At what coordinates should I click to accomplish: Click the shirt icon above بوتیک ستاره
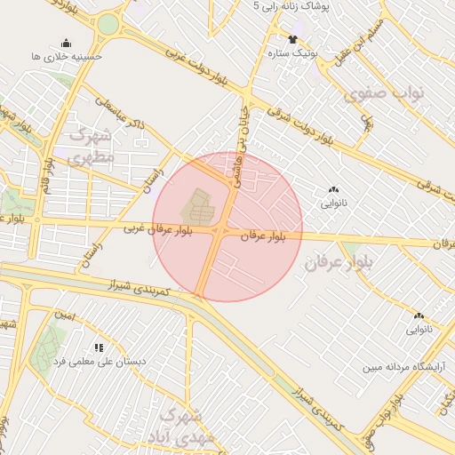pyautogui.click(x=293, y=38)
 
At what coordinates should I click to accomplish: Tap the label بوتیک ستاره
pyautogui.click(x=293, y=53)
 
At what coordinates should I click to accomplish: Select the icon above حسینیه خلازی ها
pyautogui.click(x=66, y=43)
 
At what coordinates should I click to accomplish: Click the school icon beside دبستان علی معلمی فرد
pyautogui.click(x=98, y=347)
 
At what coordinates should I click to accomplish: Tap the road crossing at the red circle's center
pyautogui.click(x=218, y=231)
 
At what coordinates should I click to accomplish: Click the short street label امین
pyautogui.click(x=63, y=315)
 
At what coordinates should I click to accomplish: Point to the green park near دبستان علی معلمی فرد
pyautogui.click(x=49, y=345)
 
